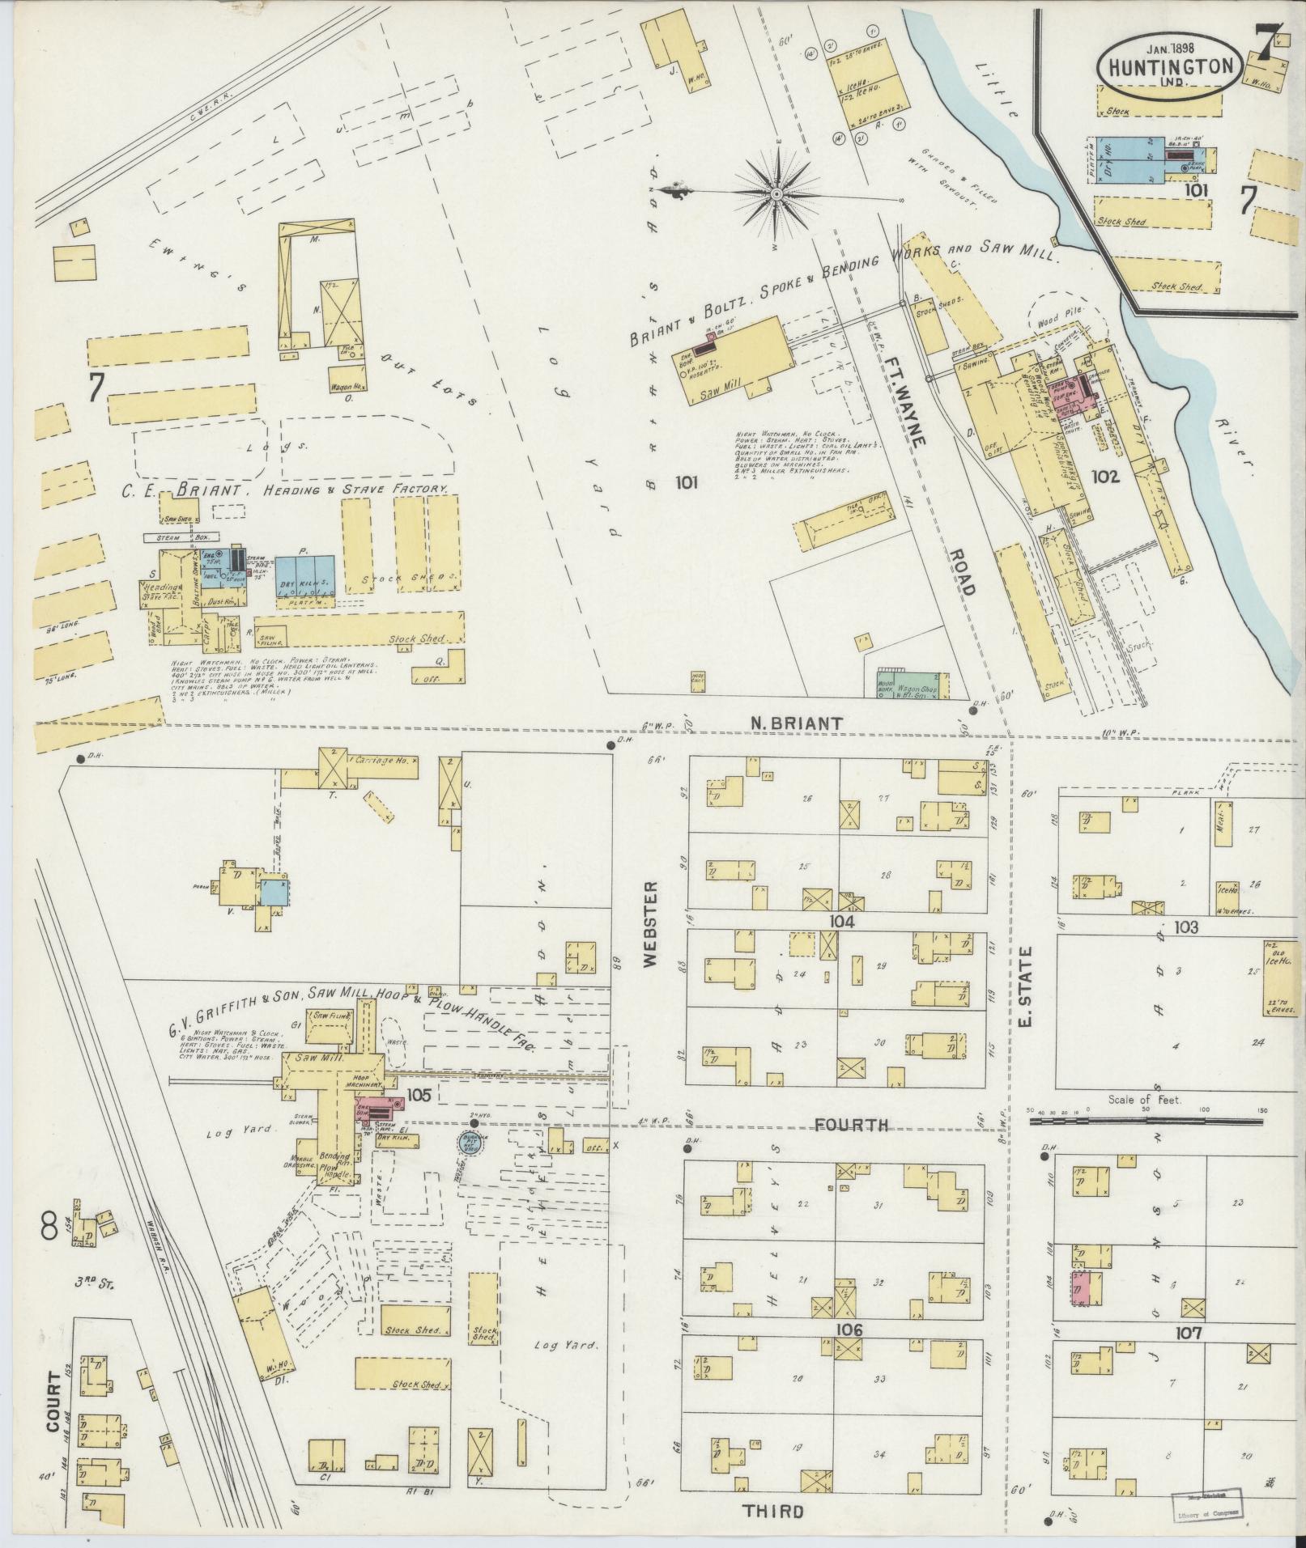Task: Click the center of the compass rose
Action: point(776,194)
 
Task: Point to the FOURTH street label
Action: point(851,1124)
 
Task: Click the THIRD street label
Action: point(775,1510)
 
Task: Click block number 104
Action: point(842,921)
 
